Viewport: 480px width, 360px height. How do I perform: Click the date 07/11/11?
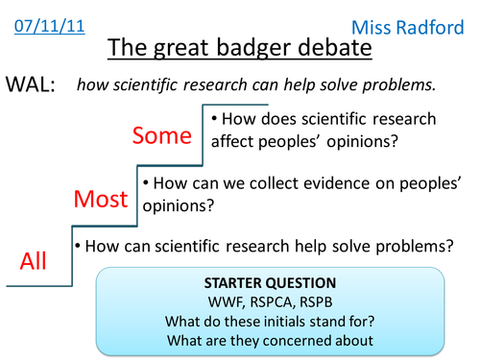click(44, 21)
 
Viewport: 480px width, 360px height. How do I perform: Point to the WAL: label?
click(31, 84)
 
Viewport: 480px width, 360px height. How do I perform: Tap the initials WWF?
click(228, 302)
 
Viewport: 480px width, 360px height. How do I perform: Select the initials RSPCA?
click(271, 302)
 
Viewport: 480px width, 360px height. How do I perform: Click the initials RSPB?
click(317, 302)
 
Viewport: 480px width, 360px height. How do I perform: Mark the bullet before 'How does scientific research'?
click(214, 120)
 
